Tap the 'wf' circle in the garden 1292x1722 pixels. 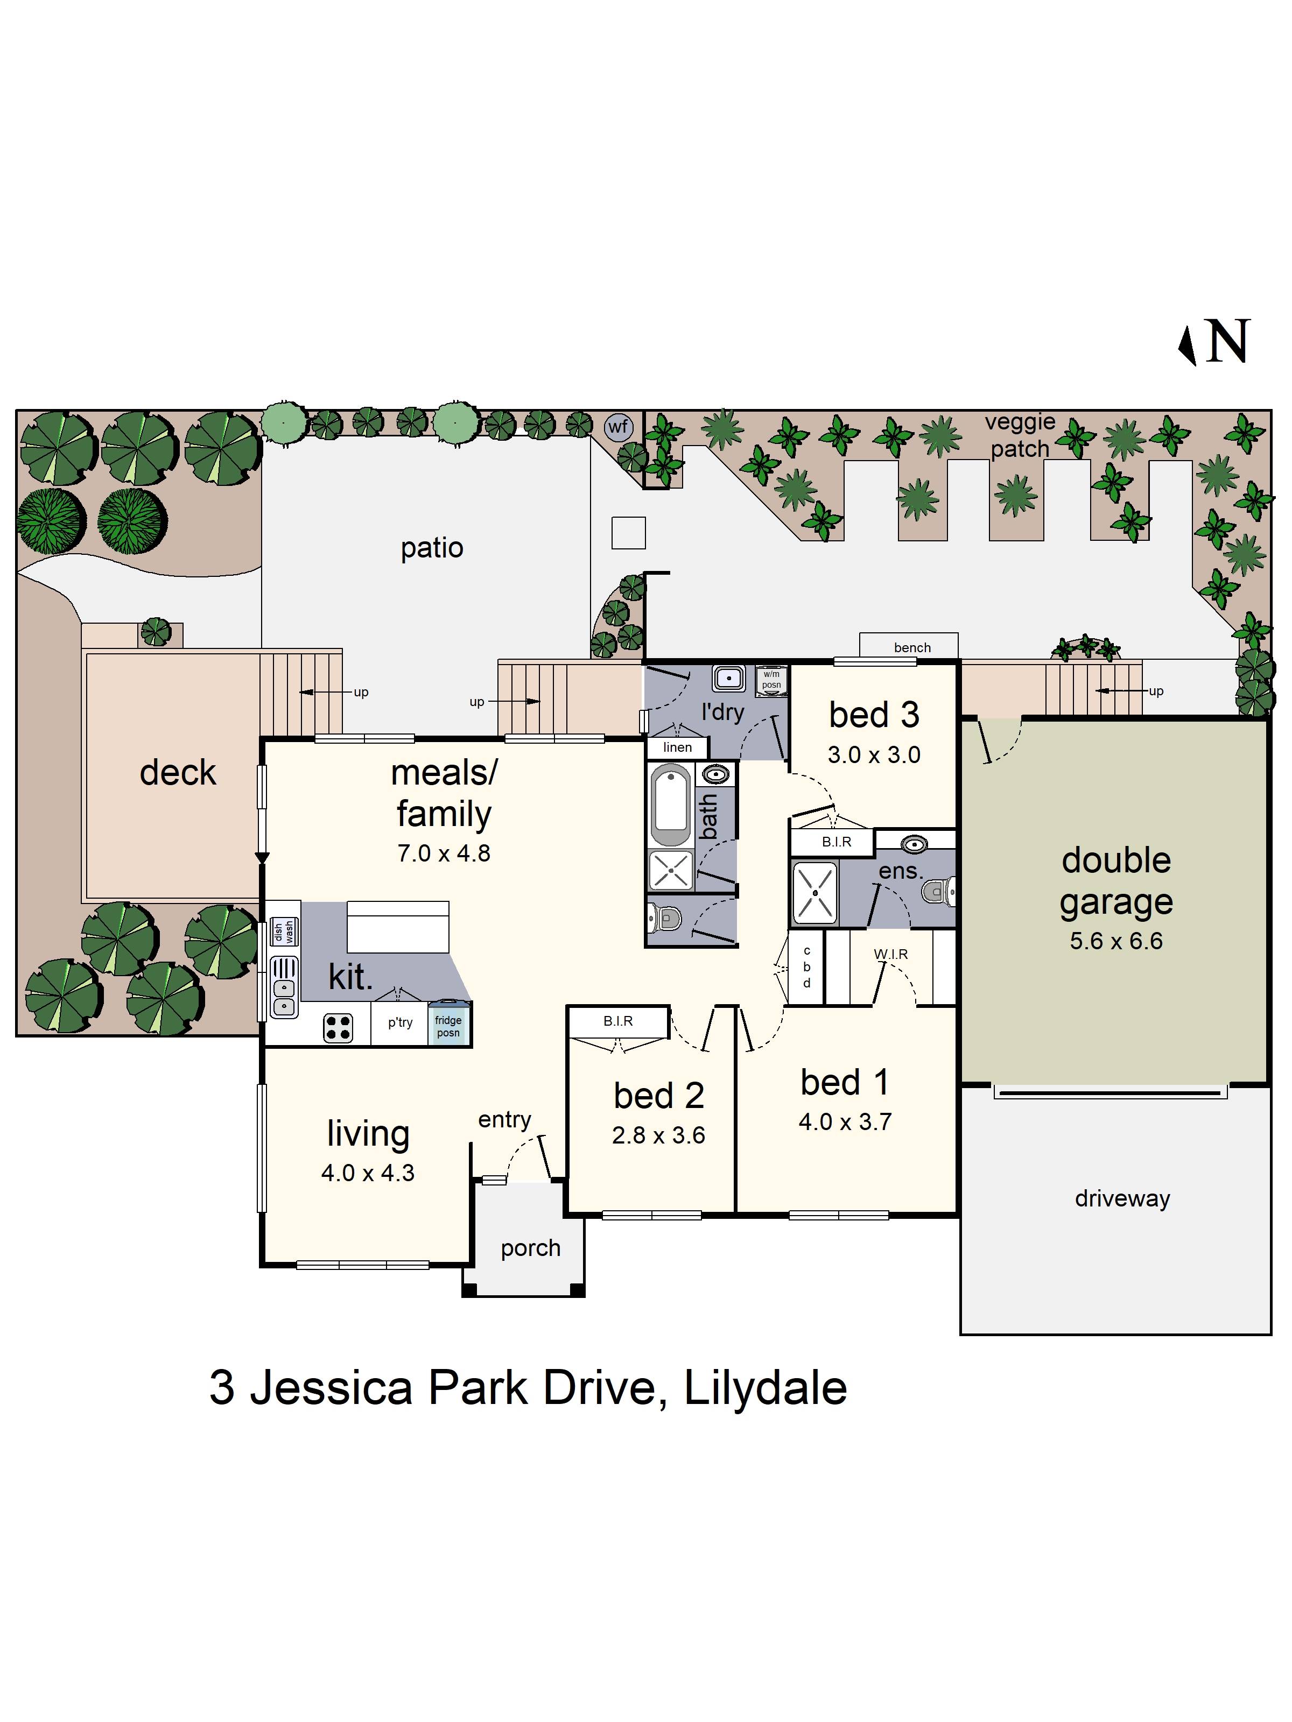click(x=619, y=427)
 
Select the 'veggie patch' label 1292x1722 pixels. click(x=1020, y=435)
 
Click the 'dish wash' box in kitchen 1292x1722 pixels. click(x=284, y=932)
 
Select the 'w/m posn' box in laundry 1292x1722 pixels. click(x=771, y=680)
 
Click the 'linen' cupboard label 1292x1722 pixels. click(x=677, y=747)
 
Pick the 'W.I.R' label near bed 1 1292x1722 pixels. click(x=890, y=954)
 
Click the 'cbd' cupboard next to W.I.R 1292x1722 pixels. click(x=807, y=967)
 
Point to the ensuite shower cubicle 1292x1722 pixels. click(x=814, y=892)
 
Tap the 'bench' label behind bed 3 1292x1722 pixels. click(x=912, y=647)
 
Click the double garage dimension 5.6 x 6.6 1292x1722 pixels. click(x=1115, y=941)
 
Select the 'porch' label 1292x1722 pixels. click(x=530, y=1248)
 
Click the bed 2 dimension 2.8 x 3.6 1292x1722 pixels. click(x=658, y=1136)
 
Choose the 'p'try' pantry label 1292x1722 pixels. click(x=401, y=1022)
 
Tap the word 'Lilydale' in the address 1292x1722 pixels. click(x=765, y=1388)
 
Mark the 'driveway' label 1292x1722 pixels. click(x=1121, y=1198)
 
